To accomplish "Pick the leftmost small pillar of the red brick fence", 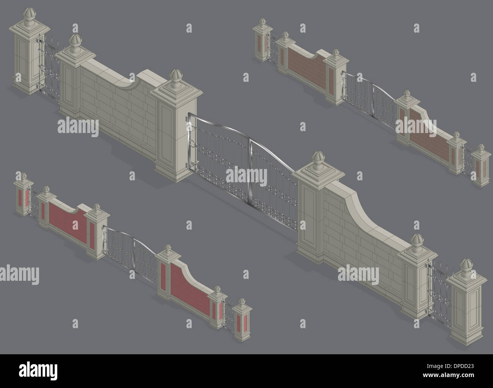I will pos(23,197).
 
